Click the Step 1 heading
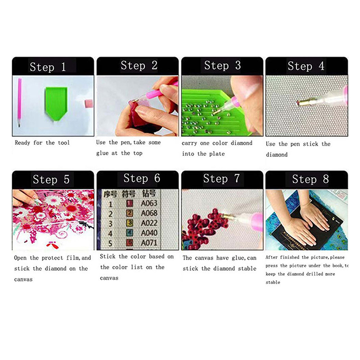[x=48, y=67]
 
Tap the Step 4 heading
[x=306, y=66]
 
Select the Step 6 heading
[x=142, y=178]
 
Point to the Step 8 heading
[x=310, y=179]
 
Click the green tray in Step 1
[x=56, y=103]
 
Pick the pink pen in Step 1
[x=19, y=103]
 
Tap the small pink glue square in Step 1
[x=89, y=103]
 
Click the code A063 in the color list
[x=149, y=203]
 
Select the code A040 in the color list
[x=149, y=233]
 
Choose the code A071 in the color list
[x=149, y=243]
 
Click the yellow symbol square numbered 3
[x=130, y=223]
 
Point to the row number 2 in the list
[x=110, y=214]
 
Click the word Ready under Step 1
[x=22, y=143]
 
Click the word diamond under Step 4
[x=277, y=155]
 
